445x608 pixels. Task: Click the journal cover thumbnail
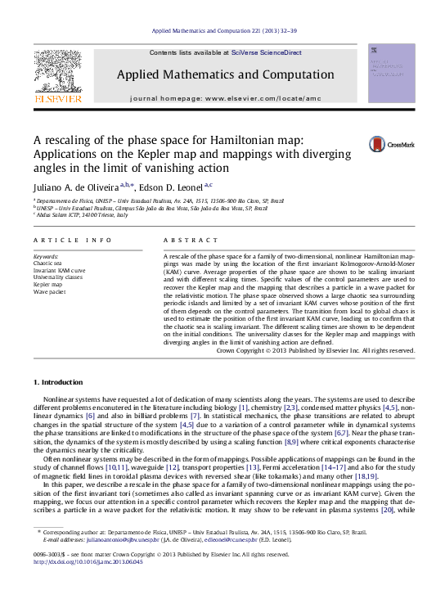click(391, 73)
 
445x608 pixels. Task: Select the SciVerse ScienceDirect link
click(266, 52)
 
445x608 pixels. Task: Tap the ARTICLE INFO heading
click(73, 240)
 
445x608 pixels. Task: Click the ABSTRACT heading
click(184, 240)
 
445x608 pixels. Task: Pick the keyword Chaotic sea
click(47, 263)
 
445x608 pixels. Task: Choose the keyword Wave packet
click(48, 291)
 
